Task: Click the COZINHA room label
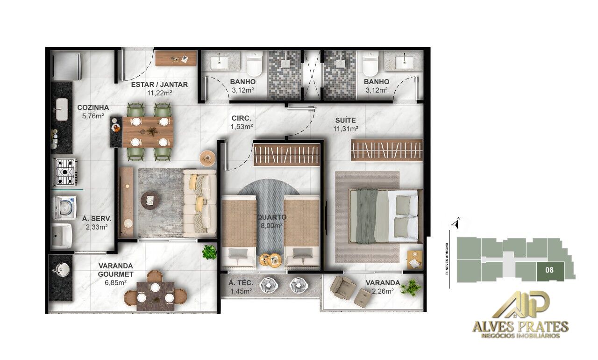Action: (93, 107)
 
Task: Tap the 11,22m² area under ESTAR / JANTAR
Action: (159, 93)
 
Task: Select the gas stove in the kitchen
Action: (65, 172)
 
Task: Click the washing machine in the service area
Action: (65, 207)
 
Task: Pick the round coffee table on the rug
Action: (150, 200)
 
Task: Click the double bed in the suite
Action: (385, 216)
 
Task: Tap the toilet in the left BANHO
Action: (255, 64)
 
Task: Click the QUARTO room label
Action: (271, 217)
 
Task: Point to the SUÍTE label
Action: (345, 120)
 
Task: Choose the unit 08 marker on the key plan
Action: (550, 270)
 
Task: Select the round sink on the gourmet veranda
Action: (59, 269)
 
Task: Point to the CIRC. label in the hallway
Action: (242, 118)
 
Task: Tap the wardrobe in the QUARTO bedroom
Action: (286, 154)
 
